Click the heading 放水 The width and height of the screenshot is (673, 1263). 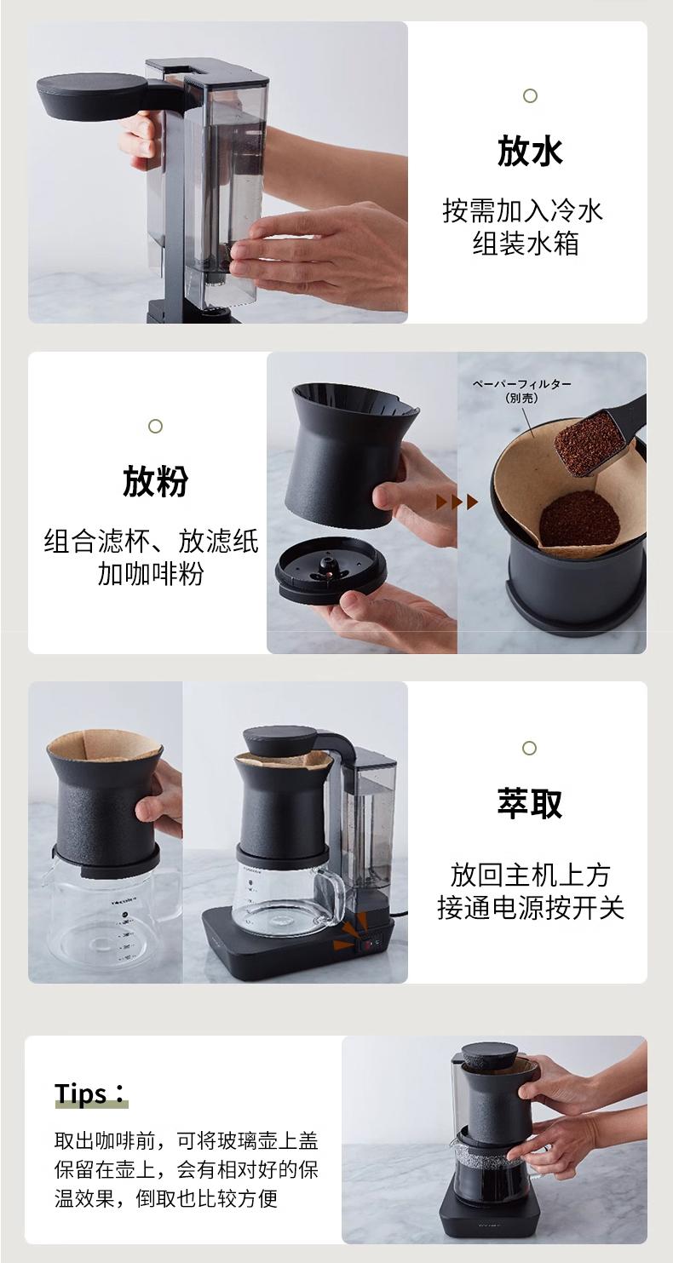529,151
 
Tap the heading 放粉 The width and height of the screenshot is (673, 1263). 155,481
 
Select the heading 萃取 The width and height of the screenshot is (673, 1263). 529,803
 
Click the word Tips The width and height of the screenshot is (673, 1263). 81,1094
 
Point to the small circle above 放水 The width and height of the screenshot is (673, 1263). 530,96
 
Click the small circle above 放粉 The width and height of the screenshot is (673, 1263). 155,427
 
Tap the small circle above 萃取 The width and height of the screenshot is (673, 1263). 529,748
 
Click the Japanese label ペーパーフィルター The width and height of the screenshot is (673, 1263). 521,384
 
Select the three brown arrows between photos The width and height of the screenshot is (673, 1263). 457,502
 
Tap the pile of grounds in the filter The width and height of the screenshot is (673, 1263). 579,518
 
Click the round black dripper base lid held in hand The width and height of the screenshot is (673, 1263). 326,571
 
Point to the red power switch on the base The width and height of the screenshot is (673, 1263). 368,944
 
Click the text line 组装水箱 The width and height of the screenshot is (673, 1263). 526,244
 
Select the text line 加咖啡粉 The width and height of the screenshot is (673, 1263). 151,574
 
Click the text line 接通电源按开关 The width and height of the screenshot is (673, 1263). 530,908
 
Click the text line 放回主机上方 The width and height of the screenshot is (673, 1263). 530,875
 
